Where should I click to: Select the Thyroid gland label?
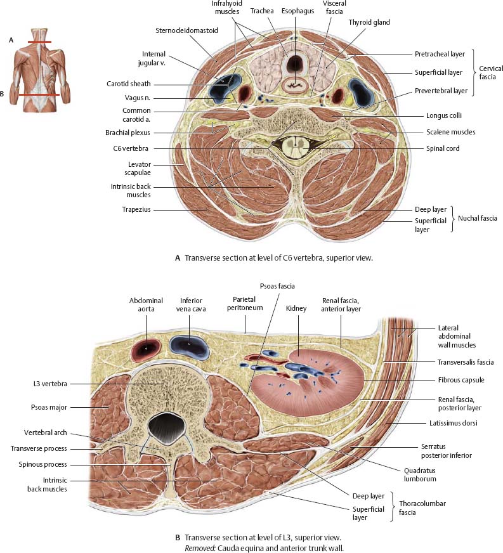click(369, 22)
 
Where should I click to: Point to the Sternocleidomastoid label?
click(186, 30)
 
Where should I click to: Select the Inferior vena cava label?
click(191, 305)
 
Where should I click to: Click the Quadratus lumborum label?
click(419, 474)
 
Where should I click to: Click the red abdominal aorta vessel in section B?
click(147, 347)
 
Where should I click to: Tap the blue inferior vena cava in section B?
click(190, 344)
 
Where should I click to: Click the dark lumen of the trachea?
click(295, 64)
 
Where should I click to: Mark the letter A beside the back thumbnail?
click(11, 39)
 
